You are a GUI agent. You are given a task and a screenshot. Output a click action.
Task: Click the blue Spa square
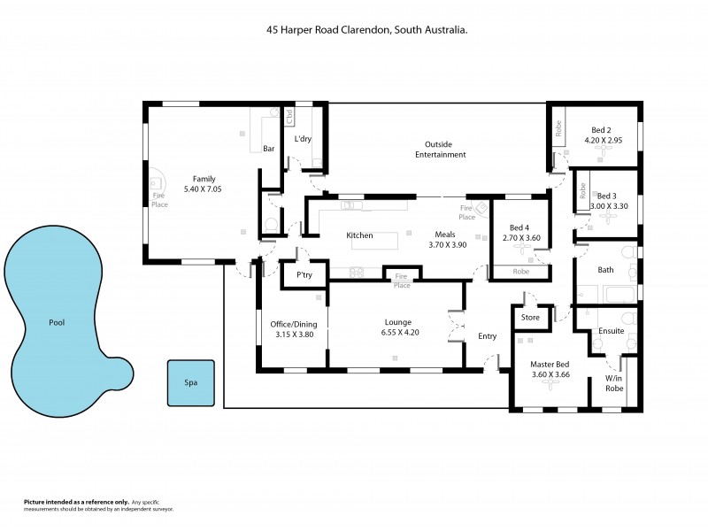pos(190,383)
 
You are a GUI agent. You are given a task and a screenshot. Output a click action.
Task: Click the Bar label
pos(269,149)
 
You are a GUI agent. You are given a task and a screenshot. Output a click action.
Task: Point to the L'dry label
pos(303,139)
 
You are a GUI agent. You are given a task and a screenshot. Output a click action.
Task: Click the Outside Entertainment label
pos(440,150)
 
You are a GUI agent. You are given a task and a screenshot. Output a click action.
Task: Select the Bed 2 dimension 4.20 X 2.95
pos(604,140)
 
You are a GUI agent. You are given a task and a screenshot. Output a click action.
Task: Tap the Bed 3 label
pos(607,196)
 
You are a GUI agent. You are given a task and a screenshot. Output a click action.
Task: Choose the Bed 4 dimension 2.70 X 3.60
pos(521,238)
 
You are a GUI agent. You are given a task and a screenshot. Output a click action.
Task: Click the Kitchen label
pos(359,235)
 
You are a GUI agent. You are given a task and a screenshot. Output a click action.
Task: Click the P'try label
pos(304,275)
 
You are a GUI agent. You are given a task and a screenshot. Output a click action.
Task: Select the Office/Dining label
pos(292,324)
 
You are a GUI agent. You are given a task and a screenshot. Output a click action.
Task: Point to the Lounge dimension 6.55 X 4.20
pos(396,334)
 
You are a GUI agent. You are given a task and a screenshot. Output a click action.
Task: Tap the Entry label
pos(488,336)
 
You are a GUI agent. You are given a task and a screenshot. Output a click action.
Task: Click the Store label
pos(530,317)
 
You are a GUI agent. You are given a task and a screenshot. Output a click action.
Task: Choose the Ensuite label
pos(612,331)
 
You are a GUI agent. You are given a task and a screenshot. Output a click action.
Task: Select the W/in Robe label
pos(614,381)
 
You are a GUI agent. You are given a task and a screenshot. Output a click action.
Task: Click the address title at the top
pos(367,29)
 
